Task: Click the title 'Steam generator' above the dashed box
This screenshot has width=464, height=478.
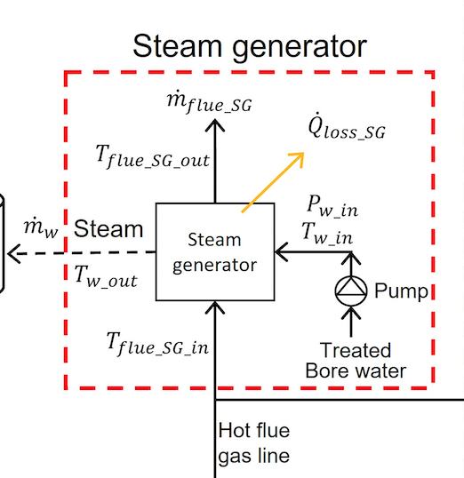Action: tap(249, 46)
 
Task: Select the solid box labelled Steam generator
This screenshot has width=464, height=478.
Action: tap(214, 252)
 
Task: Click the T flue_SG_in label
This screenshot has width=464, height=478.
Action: tap(157, 343)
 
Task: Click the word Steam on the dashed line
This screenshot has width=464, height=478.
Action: tap(108, 229)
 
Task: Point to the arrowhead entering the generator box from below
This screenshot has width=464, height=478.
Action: tap(215, 307)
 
